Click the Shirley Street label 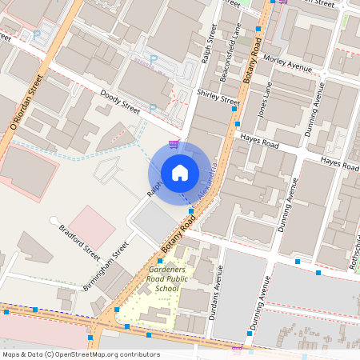point(218,98)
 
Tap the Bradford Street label point(79,242)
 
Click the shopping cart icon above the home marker point(174,145)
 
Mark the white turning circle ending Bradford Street point(54,219)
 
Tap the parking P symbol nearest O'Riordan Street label point(37,35)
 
